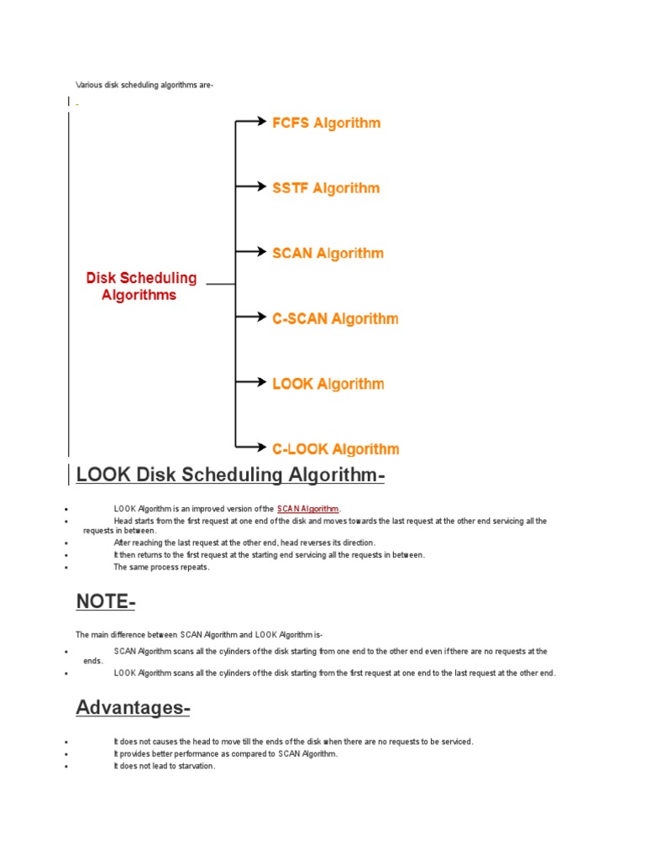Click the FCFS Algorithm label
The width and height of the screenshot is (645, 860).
[326, 123]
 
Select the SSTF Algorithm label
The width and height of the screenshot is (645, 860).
[326, 188]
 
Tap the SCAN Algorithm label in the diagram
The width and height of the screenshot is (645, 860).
[328, 253]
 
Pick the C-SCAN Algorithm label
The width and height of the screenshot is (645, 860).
[335, 318]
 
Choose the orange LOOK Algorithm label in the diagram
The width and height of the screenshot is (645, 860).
[328, 384]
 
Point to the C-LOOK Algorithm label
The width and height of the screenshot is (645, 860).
[335, 449]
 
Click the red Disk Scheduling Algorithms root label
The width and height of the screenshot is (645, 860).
[141, 286]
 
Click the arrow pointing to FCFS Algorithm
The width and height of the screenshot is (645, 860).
[250, 123]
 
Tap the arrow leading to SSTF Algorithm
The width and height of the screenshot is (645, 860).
[250, 187]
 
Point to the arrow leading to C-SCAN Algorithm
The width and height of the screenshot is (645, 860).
[250, 317]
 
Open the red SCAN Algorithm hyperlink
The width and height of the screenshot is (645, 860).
[307, 509]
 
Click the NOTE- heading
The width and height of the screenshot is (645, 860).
[105, 602]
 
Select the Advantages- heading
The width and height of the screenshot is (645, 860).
[133, 708]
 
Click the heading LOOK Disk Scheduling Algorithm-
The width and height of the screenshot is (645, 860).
[230, 475]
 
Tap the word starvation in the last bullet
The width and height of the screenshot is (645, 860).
[196, 766]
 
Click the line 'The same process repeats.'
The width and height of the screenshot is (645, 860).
[161, 567]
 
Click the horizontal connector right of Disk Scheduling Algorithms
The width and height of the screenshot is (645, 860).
[221, 285]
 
